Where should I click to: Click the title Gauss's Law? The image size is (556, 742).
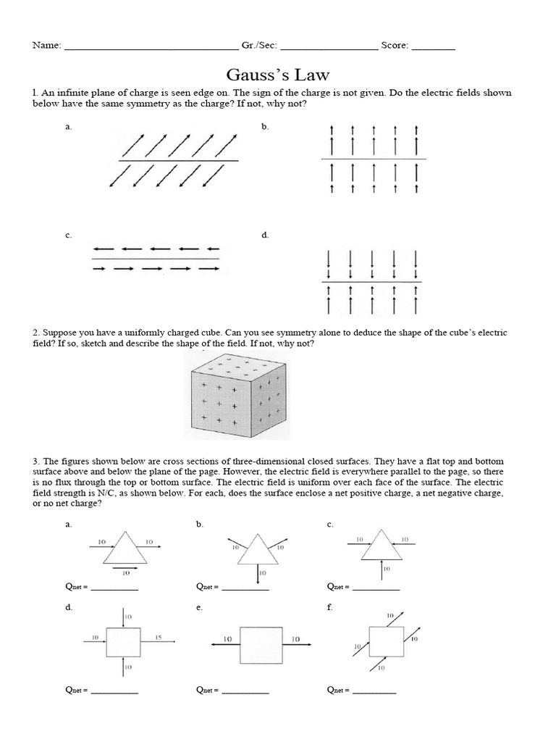pos(278,75)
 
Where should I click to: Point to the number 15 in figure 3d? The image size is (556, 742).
pos(159,637)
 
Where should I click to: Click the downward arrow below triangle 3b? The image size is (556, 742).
pos(258,574)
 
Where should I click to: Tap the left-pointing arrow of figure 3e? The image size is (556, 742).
pos(224,642)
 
